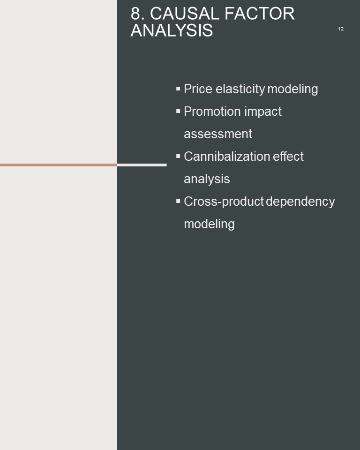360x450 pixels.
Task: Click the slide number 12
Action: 341,29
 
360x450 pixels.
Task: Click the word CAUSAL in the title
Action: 185,14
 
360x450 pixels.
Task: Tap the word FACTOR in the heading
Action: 260,14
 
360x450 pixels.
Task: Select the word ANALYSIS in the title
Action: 172,30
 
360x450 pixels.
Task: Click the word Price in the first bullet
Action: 198,89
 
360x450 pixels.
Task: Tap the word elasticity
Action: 240,89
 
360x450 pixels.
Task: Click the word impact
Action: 263,112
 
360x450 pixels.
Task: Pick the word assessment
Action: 218,134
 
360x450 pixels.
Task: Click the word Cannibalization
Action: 227,157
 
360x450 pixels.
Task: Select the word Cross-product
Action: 224,202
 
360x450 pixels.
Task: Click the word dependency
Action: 300,202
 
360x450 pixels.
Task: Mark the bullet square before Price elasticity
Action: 178,89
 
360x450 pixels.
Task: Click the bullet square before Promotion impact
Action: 178,112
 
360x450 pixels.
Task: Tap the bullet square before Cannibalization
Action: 178,156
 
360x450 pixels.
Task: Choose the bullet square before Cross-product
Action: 178,201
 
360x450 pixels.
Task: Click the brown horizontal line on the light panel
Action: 59,165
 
